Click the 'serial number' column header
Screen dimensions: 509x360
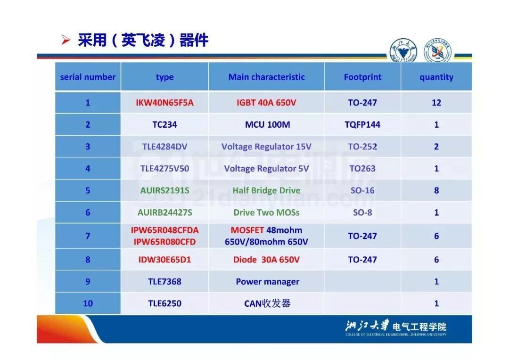(88, 77)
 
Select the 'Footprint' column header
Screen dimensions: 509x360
(362, 77)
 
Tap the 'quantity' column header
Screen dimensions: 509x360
(436, 77)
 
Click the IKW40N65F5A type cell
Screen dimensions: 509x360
(164, 103)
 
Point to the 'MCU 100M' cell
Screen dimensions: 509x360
(268, 124)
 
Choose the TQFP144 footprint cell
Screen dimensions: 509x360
(362, 124)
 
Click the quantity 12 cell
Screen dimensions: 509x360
(436, 103)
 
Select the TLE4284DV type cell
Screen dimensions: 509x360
(164, 147)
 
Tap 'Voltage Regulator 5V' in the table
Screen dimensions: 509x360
(266, 169)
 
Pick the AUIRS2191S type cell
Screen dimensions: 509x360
(164, 190)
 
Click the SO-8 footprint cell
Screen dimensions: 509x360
(362, 213)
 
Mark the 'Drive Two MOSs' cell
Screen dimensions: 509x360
(266, 213)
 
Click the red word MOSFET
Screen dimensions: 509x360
(247, 230)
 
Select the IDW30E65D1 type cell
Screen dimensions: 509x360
(164, 260)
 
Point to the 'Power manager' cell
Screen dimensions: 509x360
(268, 281)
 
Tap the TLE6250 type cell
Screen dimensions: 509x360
(164, 303)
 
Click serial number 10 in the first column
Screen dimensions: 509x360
(88, 303)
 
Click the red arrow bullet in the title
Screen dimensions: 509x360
(66, 40)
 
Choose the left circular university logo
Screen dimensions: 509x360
(403, 50)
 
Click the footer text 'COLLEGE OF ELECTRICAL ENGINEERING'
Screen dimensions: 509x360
(377, 335)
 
